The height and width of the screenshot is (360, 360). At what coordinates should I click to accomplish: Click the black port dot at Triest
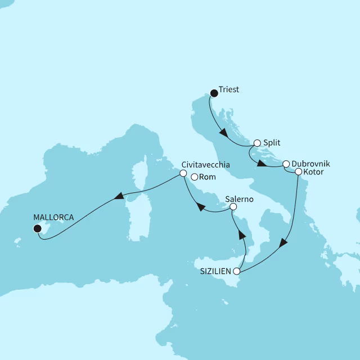coord(214,93)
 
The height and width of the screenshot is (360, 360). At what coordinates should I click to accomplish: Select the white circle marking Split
coord(257,143)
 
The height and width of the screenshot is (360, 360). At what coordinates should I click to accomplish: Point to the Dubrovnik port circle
coord(286,164)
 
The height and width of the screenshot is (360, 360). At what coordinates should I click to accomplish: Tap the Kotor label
coord(313,172)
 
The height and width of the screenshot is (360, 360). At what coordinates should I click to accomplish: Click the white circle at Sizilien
coord(238,272)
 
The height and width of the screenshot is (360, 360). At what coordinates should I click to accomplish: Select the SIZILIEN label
coord(216,272)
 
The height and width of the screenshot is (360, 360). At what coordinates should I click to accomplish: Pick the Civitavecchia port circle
coord(183,174)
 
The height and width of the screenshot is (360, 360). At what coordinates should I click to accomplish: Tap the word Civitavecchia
coord(206,165)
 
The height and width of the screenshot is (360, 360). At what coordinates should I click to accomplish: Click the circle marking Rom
coord(194,177)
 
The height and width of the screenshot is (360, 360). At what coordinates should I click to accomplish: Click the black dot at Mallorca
coord(37,228)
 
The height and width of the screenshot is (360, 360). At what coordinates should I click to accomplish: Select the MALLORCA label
coord(53,217)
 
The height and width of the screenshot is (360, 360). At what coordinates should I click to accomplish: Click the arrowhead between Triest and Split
coord(223,134)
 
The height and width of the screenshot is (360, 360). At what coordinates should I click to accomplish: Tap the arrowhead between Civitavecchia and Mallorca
coord(119,196)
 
